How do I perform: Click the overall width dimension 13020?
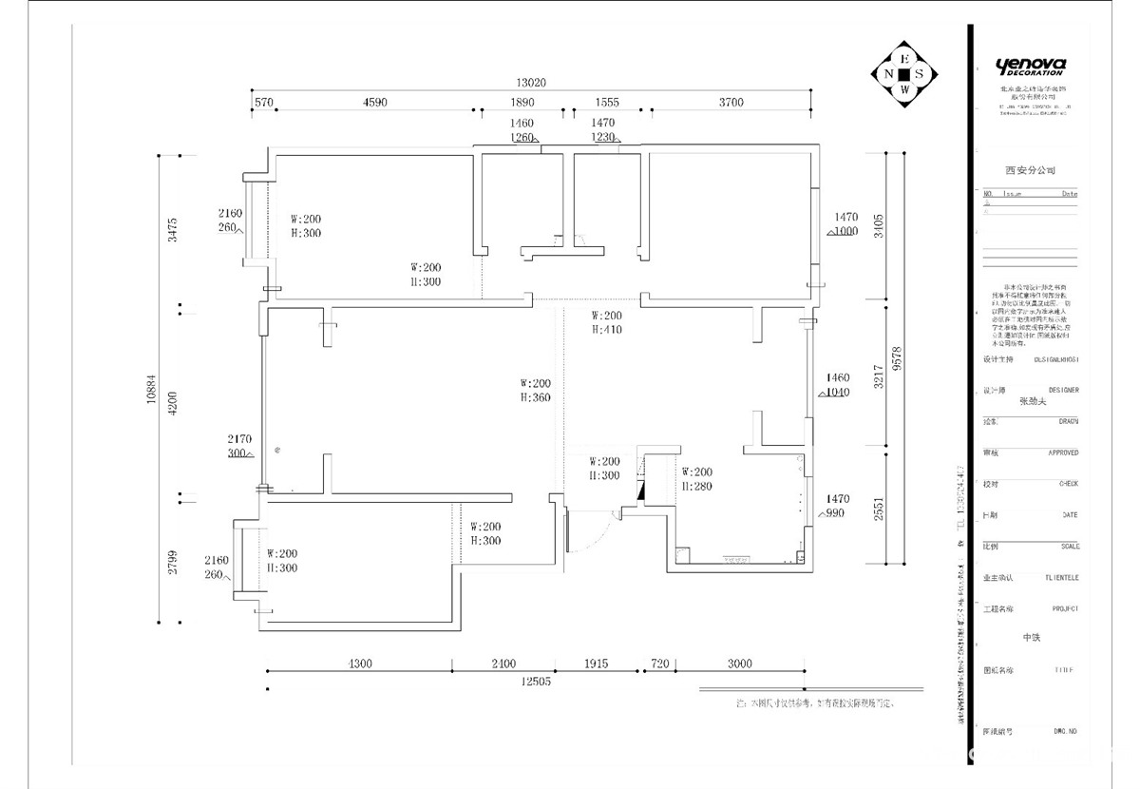coord(532,83)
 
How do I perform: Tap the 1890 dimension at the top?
coord(522,103)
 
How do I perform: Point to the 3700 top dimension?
coord(731,103)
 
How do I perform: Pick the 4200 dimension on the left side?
coord(172,404)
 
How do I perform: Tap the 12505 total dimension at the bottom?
coord(536,680)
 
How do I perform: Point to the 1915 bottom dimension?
coord(596,664)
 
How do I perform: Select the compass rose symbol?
coord(905,74)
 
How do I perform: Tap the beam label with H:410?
coord(606,322)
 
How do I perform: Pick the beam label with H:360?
coord(535,391)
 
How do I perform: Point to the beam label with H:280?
coord(696,479)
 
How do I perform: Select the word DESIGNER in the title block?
coord(1063,390)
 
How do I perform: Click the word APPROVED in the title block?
coord(1063,453)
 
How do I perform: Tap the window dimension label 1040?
coord(837,392)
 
